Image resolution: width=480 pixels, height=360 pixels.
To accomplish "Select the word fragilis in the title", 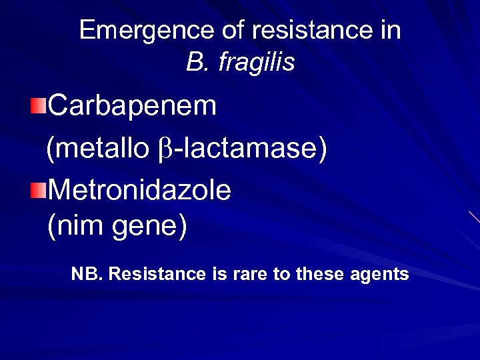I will point(256,63).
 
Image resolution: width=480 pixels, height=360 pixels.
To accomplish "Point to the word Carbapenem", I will point(133,105).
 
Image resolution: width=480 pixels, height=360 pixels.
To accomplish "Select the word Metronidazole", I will point(139,191).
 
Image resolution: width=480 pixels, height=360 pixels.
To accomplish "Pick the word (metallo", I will point(98,149).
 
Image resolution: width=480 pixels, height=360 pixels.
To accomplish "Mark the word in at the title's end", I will point(391,31).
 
